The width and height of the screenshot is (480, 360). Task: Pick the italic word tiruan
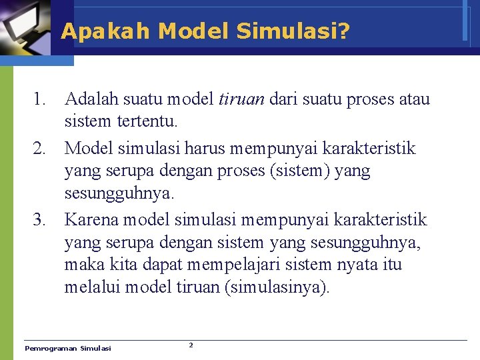[241, 100]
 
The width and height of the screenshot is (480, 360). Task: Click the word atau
[414, 100]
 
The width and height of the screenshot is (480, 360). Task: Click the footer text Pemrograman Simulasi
[68, 348]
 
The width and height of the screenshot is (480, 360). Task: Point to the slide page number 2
[191, 345]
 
